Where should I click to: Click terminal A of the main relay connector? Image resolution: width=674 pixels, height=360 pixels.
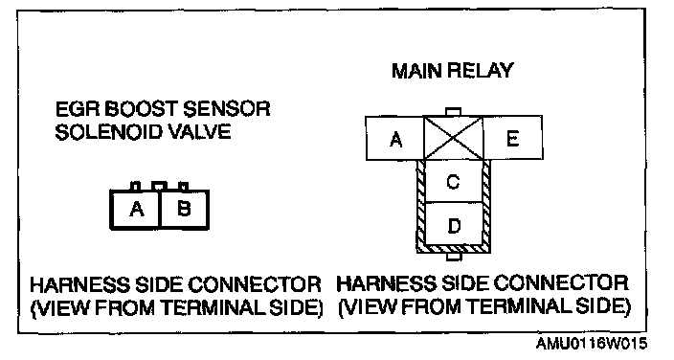[394, 138]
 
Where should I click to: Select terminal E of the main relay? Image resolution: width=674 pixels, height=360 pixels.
[512, 138]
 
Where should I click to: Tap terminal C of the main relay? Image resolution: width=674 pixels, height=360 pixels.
[453, 181]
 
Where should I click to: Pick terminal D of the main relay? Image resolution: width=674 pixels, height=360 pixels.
[453, 224]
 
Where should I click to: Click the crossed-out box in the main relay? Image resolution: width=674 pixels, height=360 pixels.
[454, 138]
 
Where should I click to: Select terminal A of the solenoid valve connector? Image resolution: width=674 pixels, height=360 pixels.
[135, 209]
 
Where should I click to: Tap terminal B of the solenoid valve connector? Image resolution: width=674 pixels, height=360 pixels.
[185, 209]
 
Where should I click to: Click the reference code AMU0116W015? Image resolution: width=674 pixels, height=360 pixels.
[591, 343]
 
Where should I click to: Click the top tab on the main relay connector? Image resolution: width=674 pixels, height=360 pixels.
[453, 112]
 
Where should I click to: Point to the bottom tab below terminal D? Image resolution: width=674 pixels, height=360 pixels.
[454, 257]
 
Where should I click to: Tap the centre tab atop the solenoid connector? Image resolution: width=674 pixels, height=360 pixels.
[160, 186]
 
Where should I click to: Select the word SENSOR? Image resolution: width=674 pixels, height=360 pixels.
[227, 109]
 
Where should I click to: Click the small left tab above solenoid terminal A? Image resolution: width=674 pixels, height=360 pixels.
[135, 187]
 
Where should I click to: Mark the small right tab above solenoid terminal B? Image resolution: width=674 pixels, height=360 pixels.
[184, 187]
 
